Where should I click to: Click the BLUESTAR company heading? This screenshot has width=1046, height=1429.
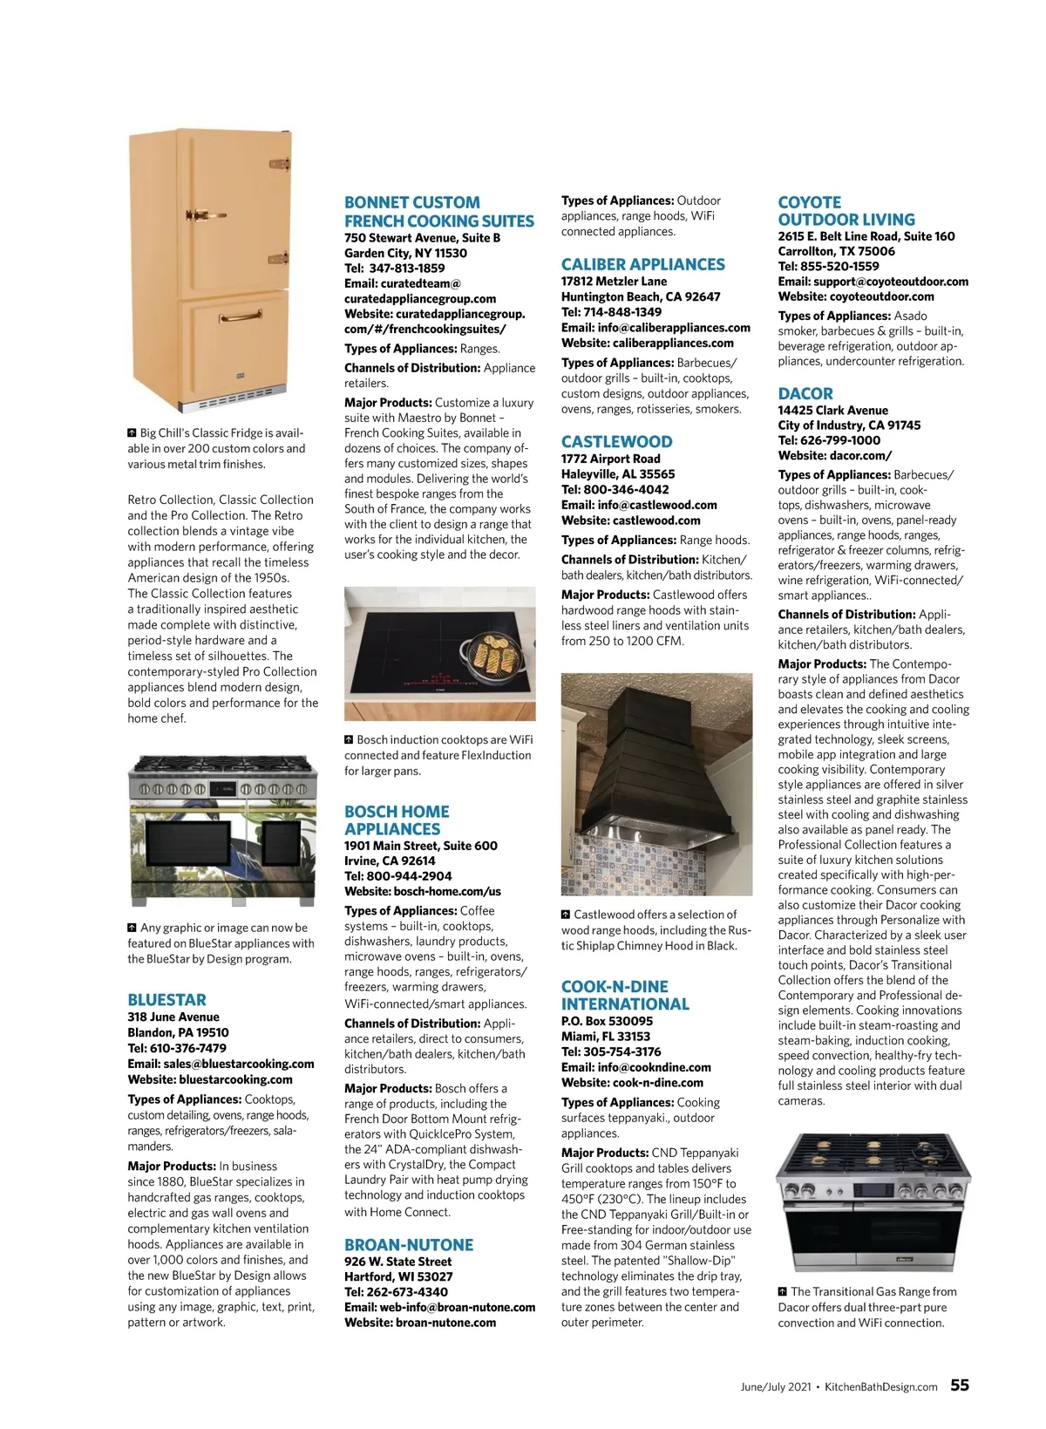166,1000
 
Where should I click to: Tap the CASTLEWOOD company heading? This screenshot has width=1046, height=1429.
616,442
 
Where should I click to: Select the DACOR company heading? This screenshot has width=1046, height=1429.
805,393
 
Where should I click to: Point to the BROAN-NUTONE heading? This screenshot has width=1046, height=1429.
409,1245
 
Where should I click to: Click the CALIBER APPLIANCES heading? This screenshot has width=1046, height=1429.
642,264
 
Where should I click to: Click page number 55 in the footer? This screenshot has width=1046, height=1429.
959,1385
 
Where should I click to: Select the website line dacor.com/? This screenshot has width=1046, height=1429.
834,455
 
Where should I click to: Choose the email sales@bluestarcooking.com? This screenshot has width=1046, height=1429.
221,1064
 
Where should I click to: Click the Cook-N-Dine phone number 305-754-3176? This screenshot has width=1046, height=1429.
610,1051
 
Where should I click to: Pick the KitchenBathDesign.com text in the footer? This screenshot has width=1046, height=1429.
880,1387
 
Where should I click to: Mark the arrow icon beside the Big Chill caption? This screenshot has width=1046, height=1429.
132,432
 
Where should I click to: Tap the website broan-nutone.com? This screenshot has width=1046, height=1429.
419,1323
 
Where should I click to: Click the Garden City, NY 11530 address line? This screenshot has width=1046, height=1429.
405,253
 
